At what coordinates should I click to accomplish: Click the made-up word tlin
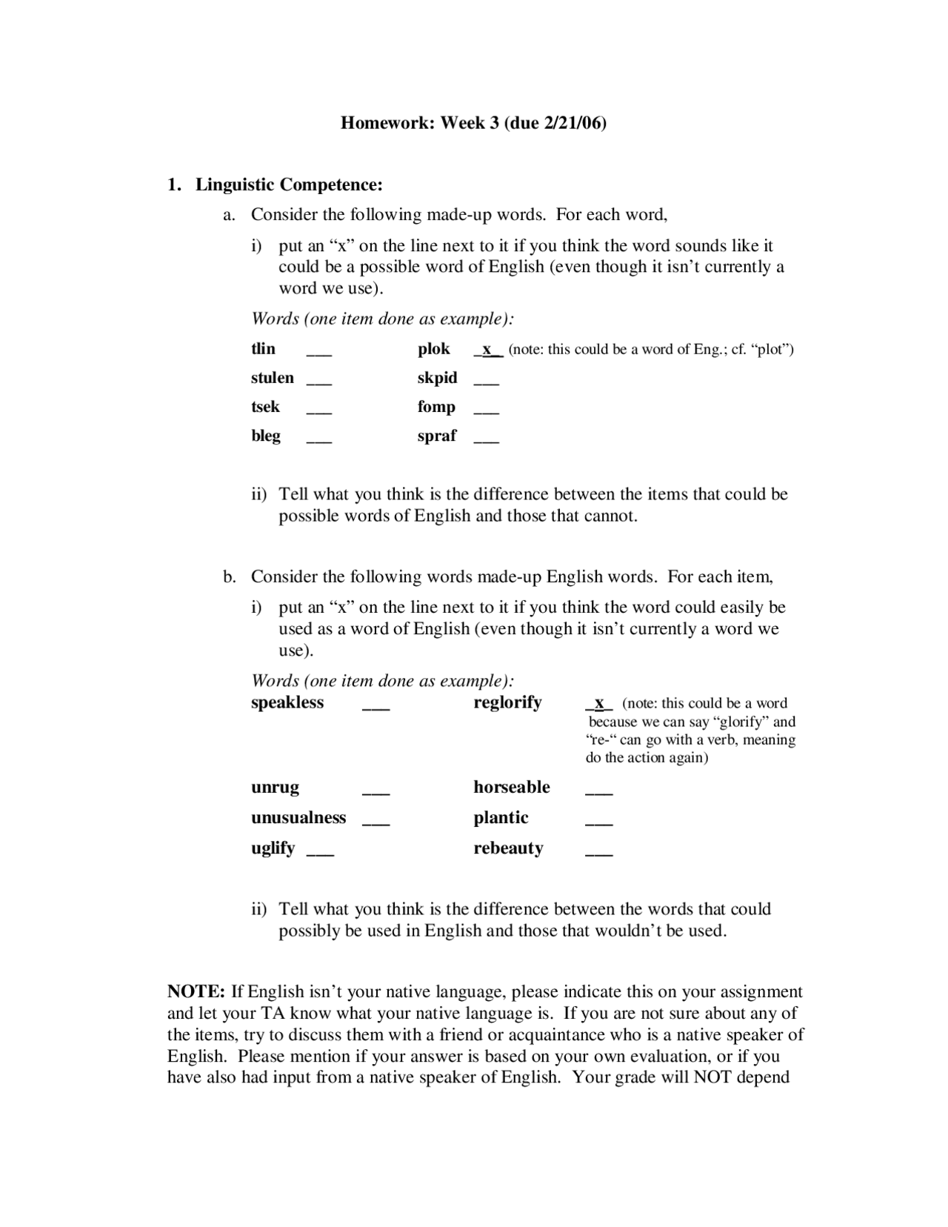point(263,349)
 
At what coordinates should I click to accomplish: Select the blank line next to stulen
point(319,383)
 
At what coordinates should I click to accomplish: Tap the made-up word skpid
point(437,378)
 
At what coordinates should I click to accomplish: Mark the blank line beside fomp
point(486,412)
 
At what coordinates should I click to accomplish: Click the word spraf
point(437,436)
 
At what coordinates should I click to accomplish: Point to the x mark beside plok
point(488,350)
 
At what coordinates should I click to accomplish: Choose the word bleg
point(266,436)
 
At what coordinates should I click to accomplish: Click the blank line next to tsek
point(319,412)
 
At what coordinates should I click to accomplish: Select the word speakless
point(287,702)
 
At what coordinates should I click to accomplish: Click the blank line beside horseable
point(599,794)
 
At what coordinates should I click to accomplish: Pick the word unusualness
point(298,817)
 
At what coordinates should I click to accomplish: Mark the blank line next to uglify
point(320,854)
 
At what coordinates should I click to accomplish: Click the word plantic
point(501,817)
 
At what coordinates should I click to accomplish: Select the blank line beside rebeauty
point(599,854)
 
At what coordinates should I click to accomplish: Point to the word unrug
point(275,787)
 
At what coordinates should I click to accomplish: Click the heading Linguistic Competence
point(289,184)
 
